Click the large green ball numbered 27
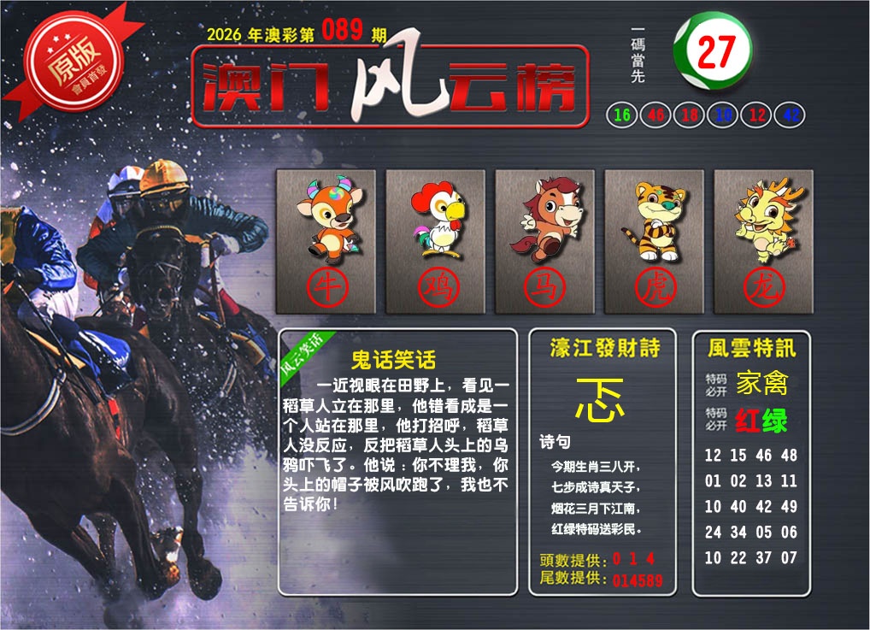click(713, 52)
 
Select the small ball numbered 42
click(791, 115)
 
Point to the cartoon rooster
click(435, 220)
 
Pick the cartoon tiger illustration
click(654, 220)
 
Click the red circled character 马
click(544, 287)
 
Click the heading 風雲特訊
click(751, 348)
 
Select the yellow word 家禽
click(761, 383)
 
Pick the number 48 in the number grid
click(788, 456)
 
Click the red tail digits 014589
click(638, 580)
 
